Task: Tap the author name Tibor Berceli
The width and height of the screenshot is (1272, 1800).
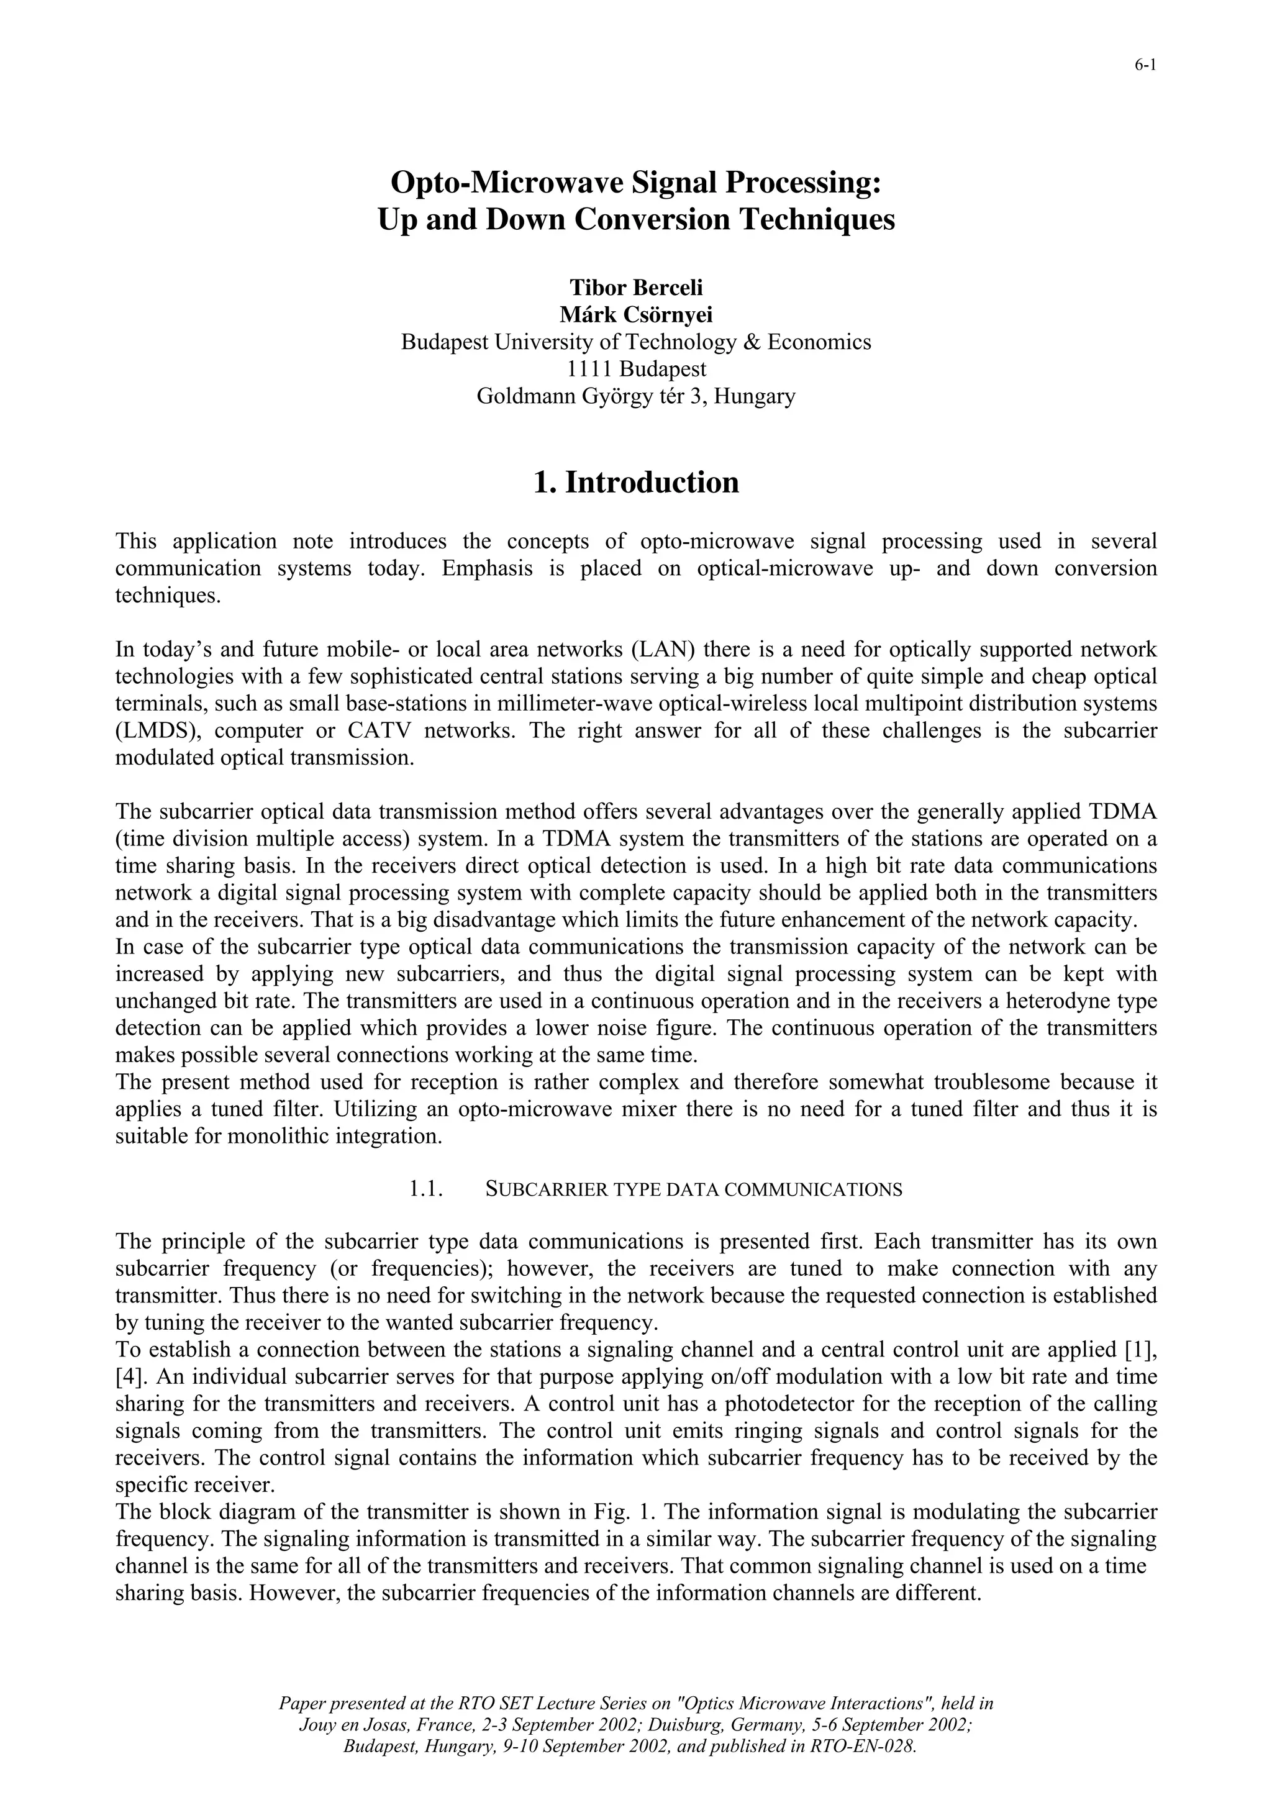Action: (635, 288)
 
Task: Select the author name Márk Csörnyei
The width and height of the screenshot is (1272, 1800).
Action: (635, 314)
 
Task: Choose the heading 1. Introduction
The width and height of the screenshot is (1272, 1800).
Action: (635, 482)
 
